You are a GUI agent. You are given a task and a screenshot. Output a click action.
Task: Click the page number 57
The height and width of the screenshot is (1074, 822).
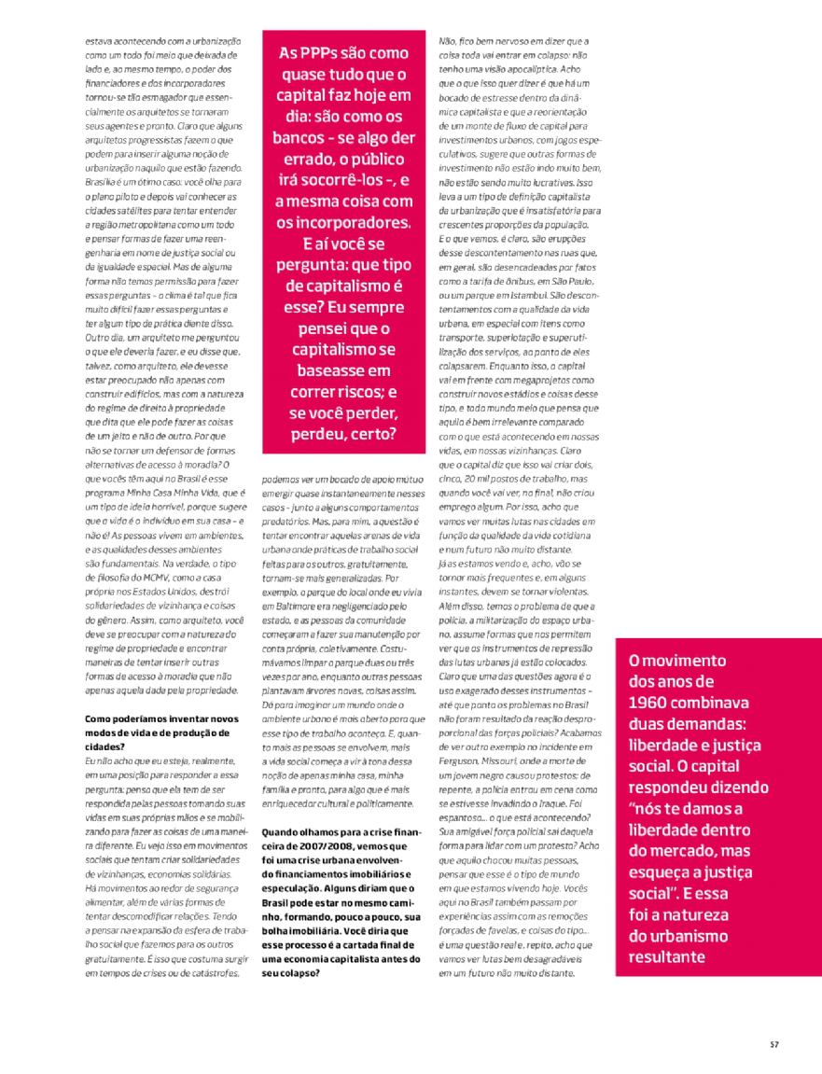pos(773,1043)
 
